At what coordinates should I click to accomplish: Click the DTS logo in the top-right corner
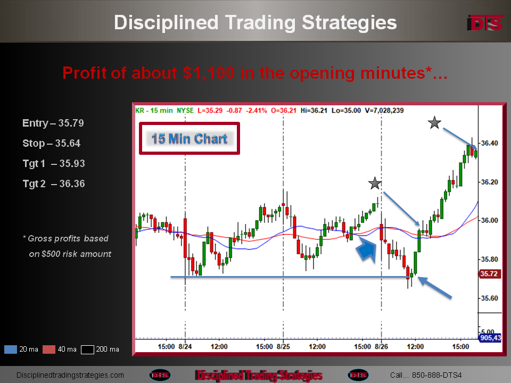pos(485,23)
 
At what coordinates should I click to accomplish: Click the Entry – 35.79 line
pos(53,123)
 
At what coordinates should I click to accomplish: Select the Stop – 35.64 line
pos(52,143)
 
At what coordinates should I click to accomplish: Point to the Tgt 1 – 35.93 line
pos(54,163)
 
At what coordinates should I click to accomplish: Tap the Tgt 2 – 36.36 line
pos(54,184)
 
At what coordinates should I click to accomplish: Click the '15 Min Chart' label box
pos(189,138)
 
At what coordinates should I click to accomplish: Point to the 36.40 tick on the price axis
pos(490,143)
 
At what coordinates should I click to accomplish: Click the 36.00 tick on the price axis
pos(490,220)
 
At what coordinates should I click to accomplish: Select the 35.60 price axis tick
pos(490,298)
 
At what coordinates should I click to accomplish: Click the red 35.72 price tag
pos(489,273)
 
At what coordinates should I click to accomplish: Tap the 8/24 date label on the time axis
pos(185,346)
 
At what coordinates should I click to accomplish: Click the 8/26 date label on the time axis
pos(381,346)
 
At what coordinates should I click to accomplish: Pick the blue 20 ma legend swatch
pos(11,349)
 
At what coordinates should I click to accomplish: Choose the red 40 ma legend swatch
pos(49,349)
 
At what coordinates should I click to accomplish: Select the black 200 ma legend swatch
pos(87,349)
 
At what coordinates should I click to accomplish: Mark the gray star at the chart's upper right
pos(434,123)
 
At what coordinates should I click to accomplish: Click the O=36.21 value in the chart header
pos(284,111)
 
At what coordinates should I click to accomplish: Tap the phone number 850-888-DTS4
pos(436,375)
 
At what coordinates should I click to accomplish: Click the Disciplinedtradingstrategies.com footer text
pos(70,375)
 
